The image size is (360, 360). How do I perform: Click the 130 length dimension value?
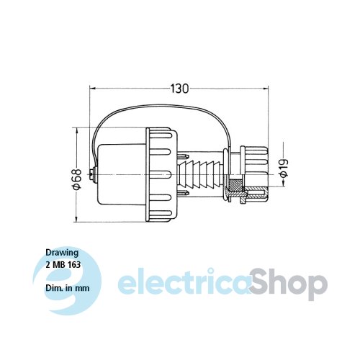pos(179,89)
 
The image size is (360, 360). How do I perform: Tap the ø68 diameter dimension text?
pos(77,179)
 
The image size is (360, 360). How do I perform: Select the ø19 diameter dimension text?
pos(284,168)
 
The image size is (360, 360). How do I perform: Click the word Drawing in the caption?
pos(62,253)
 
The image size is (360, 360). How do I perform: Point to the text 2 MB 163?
pos(63,264)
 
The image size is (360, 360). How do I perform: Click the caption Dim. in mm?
pos(68,287)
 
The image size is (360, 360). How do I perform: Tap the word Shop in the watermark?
pos(288,285)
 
